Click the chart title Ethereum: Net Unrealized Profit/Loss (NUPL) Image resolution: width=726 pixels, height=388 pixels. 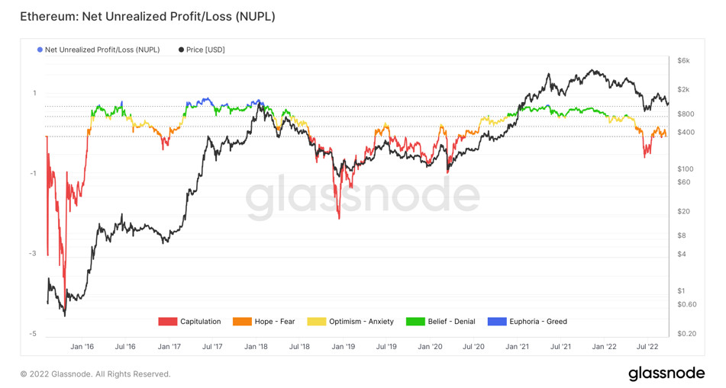147,16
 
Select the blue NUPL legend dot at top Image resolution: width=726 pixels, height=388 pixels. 40,50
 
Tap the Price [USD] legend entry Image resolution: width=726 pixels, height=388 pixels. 202,50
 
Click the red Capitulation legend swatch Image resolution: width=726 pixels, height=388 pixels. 167,322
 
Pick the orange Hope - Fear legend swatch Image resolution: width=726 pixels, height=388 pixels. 242,322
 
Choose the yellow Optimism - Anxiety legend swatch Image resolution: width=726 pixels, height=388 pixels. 316,322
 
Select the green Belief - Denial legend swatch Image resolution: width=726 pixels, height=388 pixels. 415,322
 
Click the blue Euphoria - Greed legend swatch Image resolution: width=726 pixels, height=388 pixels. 497,322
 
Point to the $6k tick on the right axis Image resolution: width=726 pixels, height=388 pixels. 683,60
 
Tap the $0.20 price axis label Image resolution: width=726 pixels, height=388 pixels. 686,334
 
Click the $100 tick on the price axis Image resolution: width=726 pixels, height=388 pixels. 685,168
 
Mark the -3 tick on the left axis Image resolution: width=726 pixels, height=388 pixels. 33,253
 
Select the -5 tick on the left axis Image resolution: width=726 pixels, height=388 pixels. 33,334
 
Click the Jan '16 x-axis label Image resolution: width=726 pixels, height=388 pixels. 82,346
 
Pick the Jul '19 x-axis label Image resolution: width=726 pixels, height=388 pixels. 387,346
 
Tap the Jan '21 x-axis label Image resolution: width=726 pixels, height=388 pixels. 518,346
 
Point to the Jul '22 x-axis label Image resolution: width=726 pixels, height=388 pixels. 648,346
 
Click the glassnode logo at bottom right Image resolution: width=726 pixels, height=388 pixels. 666,374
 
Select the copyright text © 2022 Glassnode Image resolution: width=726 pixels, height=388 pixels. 95,374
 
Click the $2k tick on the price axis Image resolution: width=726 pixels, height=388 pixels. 683,89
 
